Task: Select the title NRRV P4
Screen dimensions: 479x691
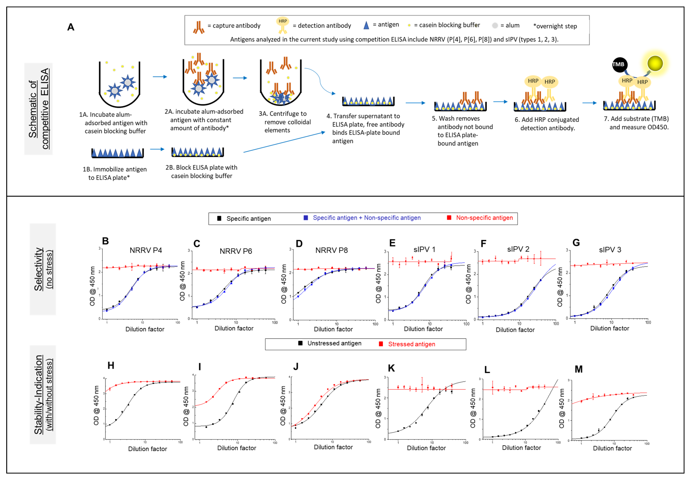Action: point(146,250)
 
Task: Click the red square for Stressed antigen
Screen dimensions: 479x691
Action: point(381,344)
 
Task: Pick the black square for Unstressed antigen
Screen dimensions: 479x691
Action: point(300,343)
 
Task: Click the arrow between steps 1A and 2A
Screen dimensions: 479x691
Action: point(160,77)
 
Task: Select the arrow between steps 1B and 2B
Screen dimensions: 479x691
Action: point(157,149)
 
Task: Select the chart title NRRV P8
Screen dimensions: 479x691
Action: point(331,250)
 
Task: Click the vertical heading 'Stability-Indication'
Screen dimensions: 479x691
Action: point(38,395)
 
